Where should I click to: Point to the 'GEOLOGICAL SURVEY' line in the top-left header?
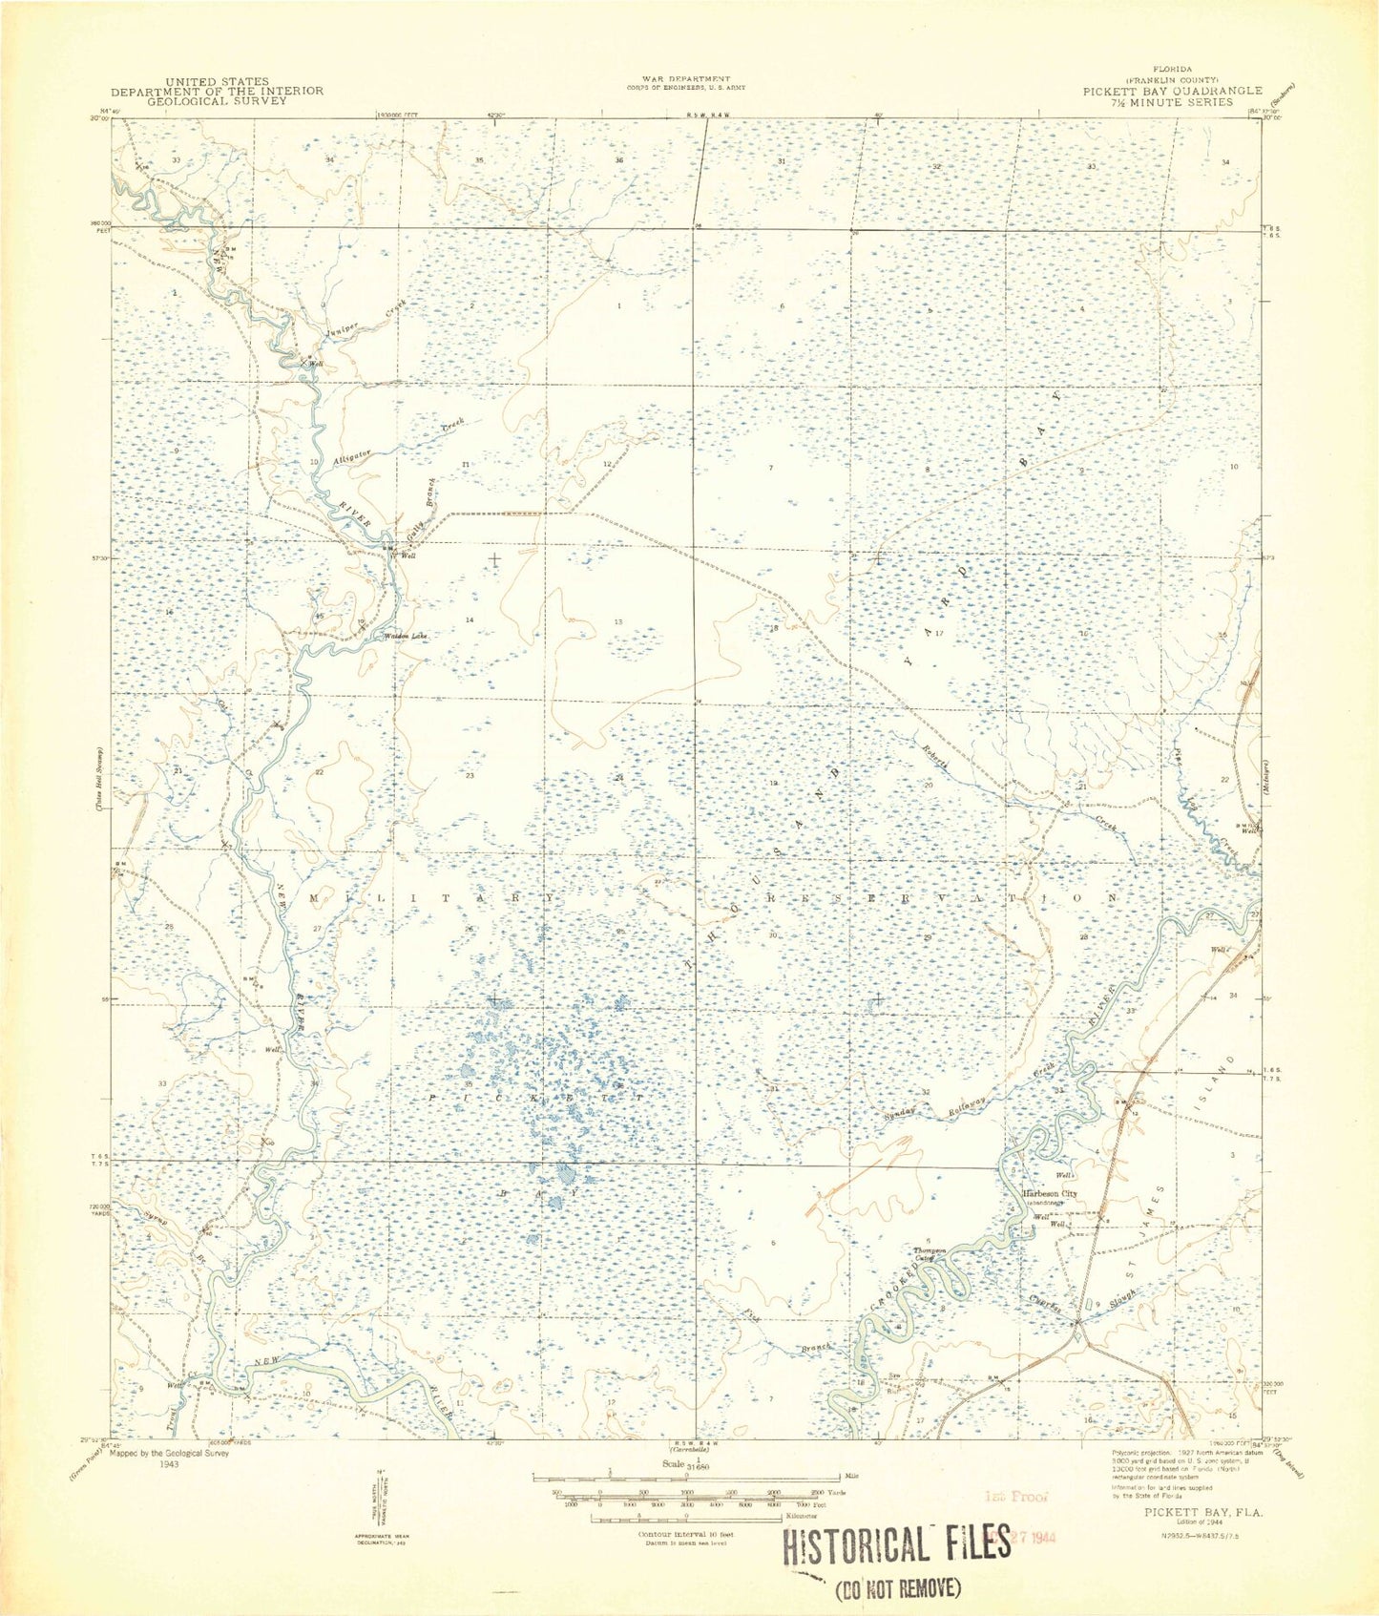click(x=217, y=100)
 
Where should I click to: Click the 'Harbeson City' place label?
click(x=1050, y=1194)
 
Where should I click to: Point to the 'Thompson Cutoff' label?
click(x=929, y=1253)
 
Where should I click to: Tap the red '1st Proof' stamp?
click(x=1015, y=1497)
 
